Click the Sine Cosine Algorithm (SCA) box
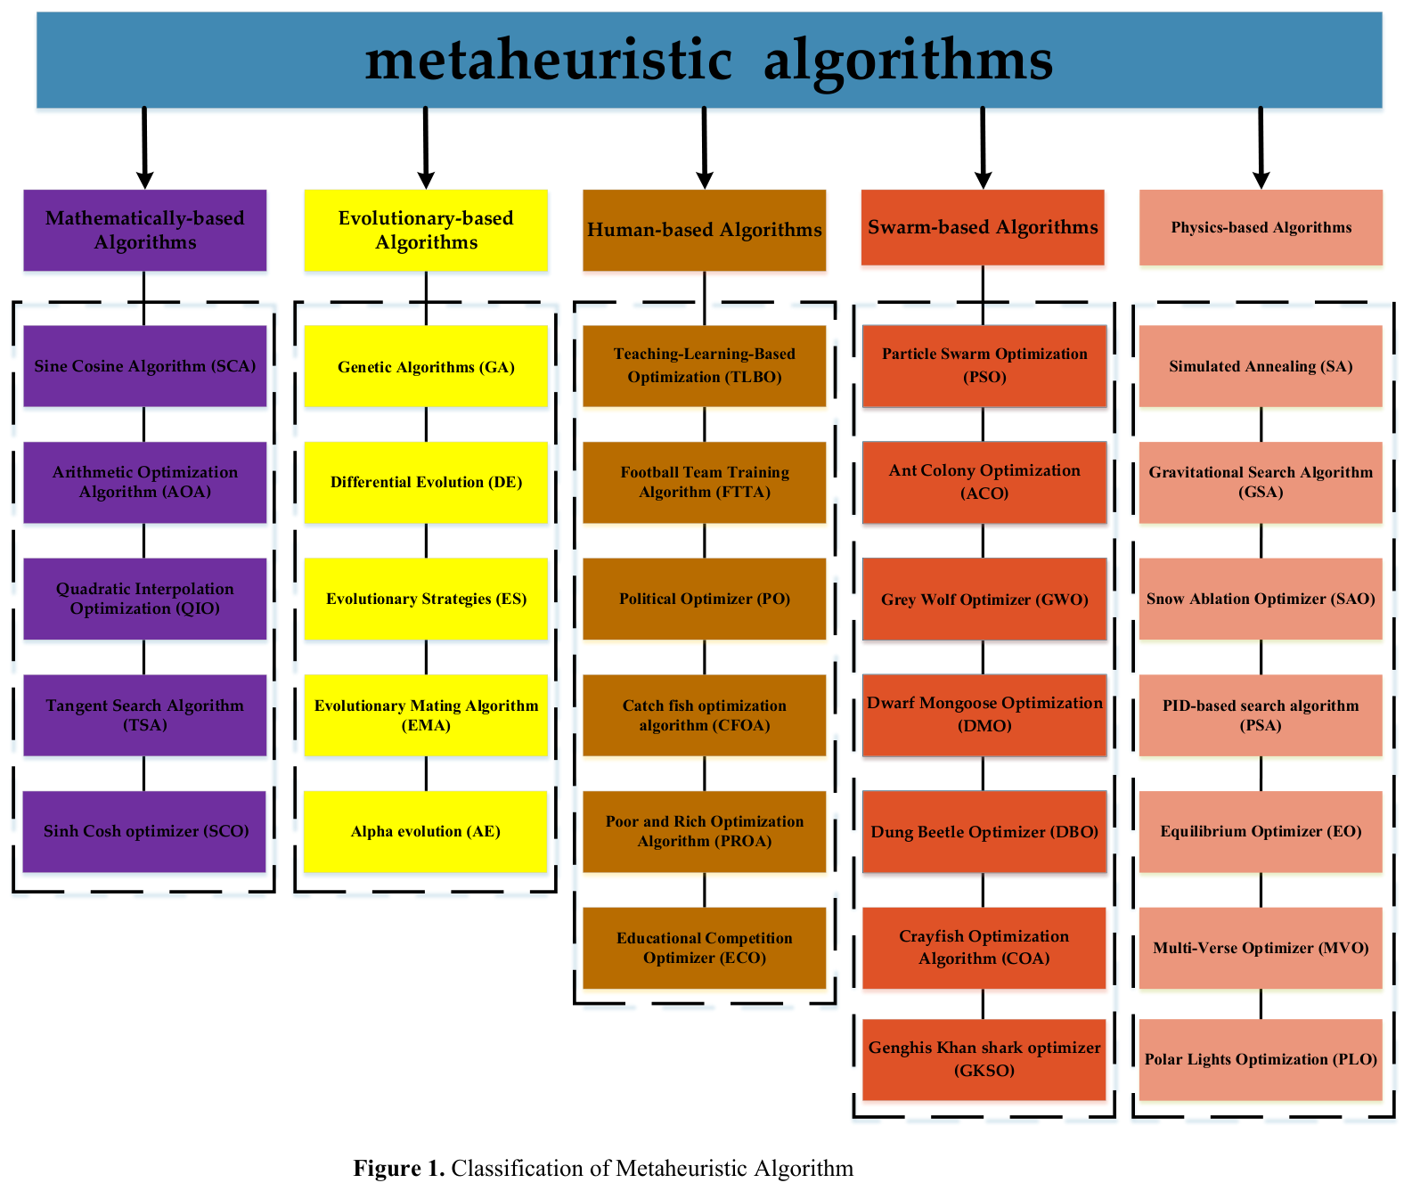pos(144,366)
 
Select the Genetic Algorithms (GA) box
pos(426,366)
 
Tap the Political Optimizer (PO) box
pos(704,599)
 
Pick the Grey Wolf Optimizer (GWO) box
pos(984,599)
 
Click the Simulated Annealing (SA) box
pos(1261,366)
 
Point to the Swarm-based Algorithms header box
pos(983,227)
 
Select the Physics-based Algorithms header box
pos(1261,227)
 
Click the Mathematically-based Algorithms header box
pos(144,230)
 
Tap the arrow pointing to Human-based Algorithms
pos(705,148)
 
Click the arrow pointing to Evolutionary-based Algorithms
pos(426,148)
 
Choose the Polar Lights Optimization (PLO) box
pos(1261,1059)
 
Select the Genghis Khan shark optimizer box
pos(984,1059)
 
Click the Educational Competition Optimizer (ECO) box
pos(704,948)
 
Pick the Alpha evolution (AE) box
pos(425,831)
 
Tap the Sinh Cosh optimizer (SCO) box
pos(144,831)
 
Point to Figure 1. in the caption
pos(398,1168)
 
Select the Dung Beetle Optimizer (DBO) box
pos(984,831)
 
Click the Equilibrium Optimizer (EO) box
pos(1261,831)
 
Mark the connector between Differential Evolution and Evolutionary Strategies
pos(426,541)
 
